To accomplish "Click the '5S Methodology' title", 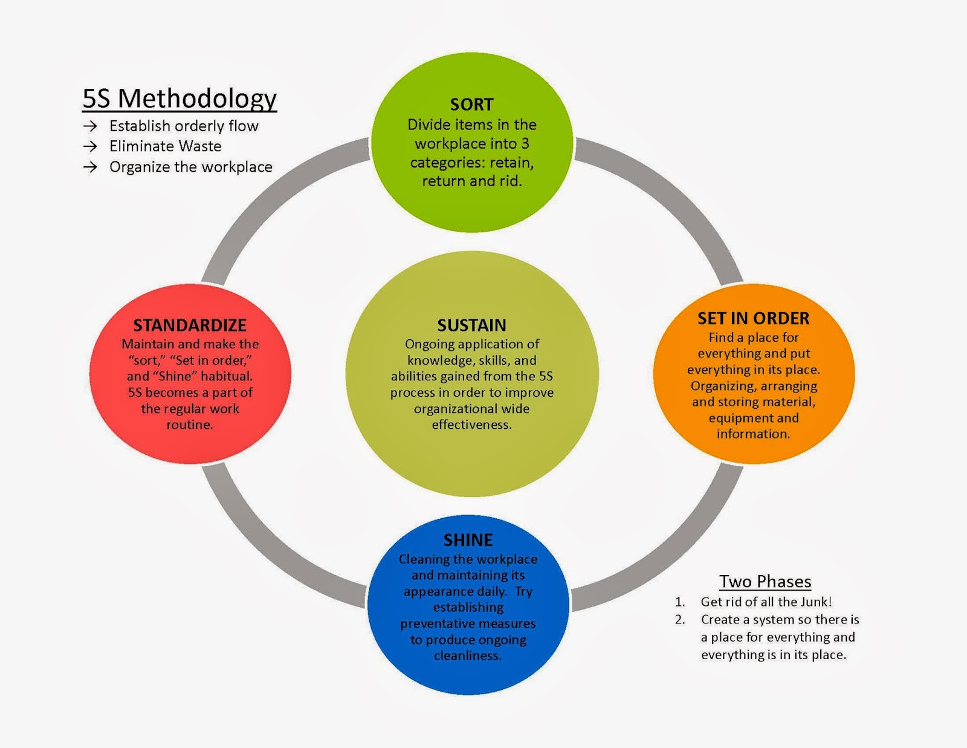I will pos(179,98).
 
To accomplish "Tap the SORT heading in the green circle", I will pos(471,104).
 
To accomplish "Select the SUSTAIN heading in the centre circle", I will pos(471,325).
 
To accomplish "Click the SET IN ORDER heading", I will pos(753,318).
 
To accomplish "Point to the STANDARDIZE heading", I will pos(190,325).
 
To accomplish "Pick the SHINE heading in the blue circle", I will pos(468,539).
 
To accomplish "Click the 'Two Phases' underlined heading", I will pos(765,581).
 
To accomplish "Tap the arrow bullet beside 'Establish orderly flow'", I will pos(90,126).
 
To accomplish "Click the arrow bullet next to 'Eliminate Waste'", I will pos(90,146).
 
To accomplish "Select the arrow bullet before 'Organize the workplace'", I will pos(90,167).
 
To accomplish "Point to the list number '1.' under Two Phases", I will pos(680,602).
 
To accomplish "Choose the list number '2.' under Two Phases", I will pos(680,620).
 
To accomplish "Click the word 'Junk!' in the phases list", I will pos(816,602).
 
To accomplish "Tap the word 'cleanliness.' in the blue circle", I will pos(468,655).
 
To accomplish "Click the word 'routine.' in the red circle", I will pos(190,424).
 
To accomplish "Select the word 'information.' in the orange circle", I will pos(753,434).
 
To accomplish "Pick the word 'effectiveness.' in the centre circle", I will pos(471,424).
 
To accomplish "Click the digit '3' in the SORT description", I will pos(525,144).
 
